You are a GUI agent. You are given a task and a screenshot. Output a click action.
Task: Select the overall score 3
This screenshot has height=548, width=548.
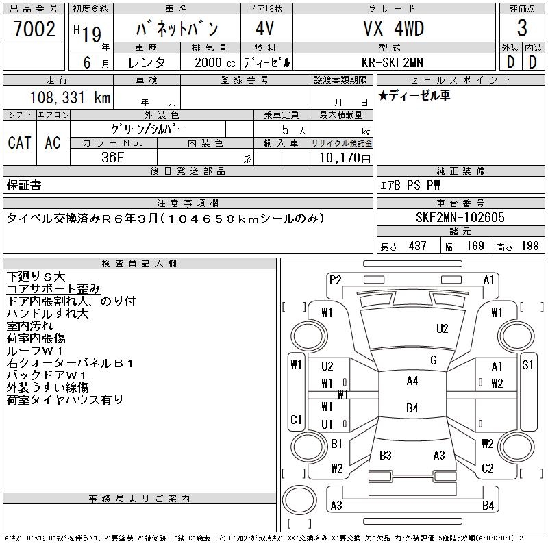(x=522, y=29)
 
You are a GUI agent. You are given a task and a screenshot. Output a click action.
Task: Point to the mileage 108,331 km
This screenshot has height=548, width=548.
(x=71, y=98)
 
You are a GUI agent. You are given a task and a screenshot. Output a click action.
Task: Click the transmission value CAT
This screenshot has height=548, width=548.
(x=19, y=143)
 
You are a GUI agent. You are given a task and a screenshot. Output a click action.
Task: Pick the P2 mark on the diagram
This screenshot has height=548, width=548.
(x=335, y=279)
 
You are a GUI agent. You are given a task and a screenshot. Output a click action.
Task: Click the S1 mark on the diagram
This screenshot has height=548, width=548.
(x=527, y=365)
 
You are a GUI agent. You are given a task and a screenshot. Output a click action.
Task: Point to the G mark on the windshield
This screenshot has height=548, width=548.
(x=433, y=360)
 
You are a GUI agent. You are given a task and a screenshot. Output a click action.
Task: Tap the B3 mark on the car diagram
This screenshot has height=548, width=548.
(x=385, y=455)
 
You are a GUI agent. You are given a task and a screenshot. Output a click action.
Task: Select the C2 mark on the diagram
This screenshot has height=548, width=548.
(x=487, y=469)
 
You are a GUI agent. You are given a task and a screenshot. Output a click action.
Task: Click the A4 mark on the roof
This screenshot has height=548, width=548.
(x=412, y=381)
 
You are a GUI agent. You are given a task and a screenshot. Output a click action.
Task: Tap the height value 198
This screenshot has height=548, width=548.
(x=530, y=246)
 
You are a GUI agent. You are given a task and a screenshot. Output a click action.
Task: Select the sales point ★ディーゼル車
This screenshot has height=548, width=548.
(x=414, y=96)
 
